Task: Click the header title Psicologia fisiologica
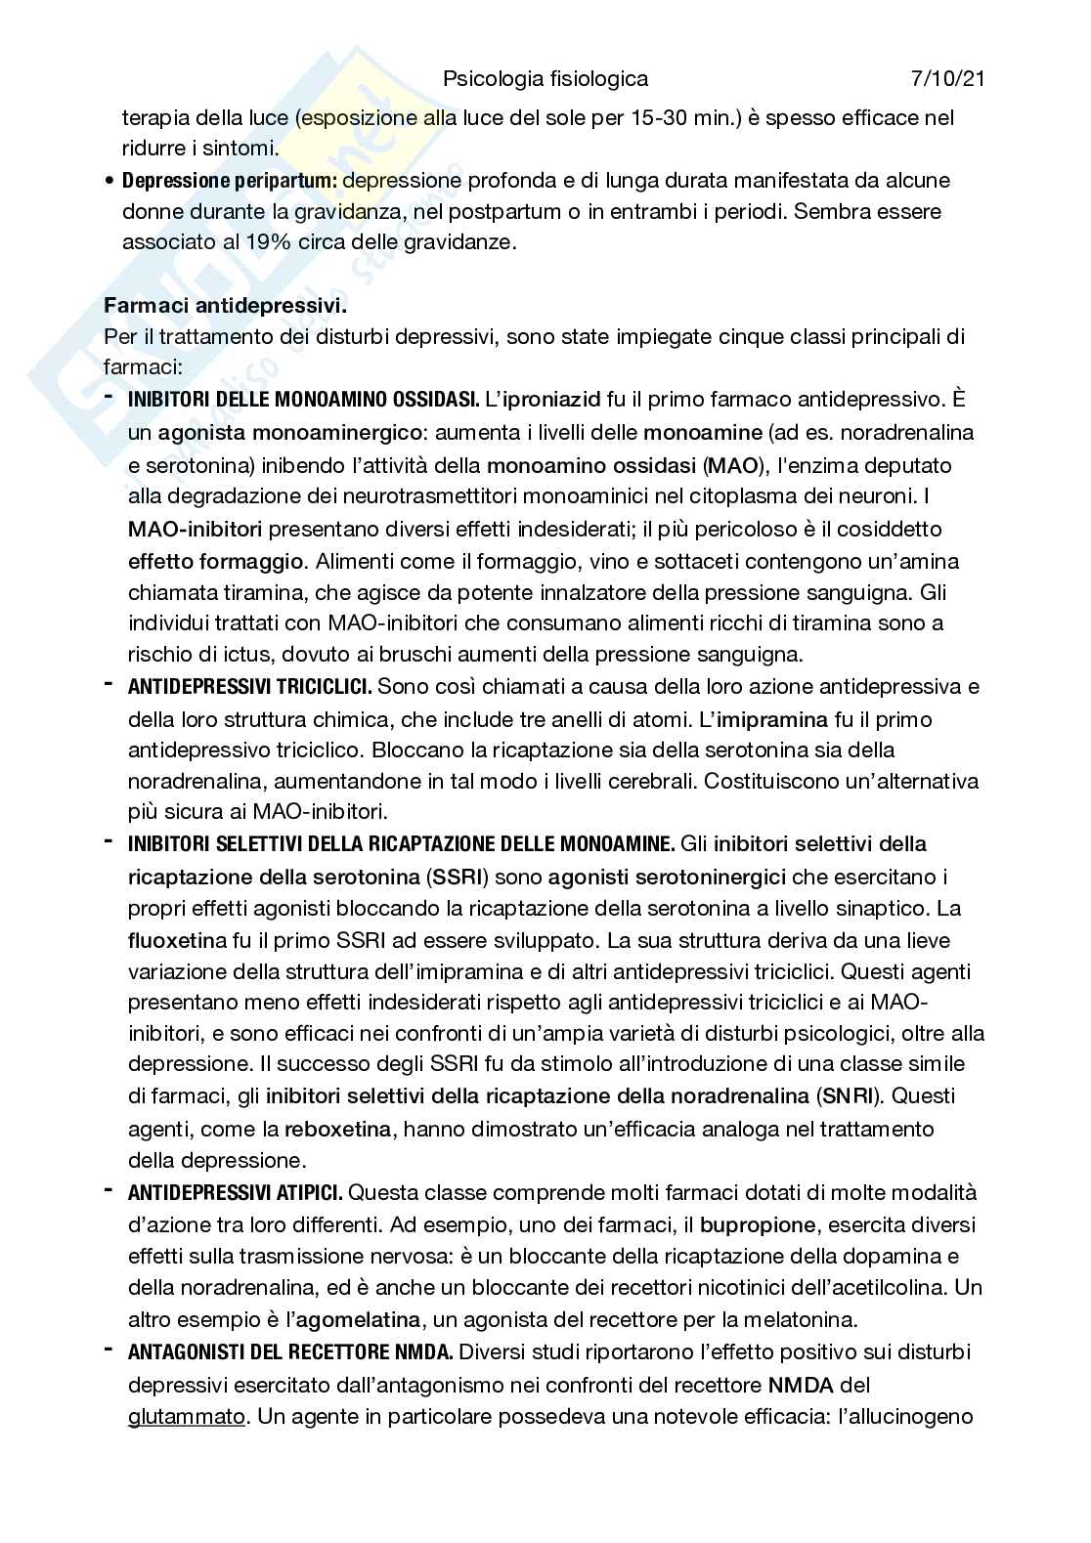(x=545, y=78)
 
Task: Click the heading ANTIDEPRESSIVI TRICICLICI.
(x=249, y=687)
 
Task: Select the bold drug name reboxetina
(x=337, y=1129)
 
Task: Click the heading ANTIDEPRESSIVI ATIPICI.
(x=235, y=1192)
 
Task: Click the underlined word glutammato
(x=186, y=1415)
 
